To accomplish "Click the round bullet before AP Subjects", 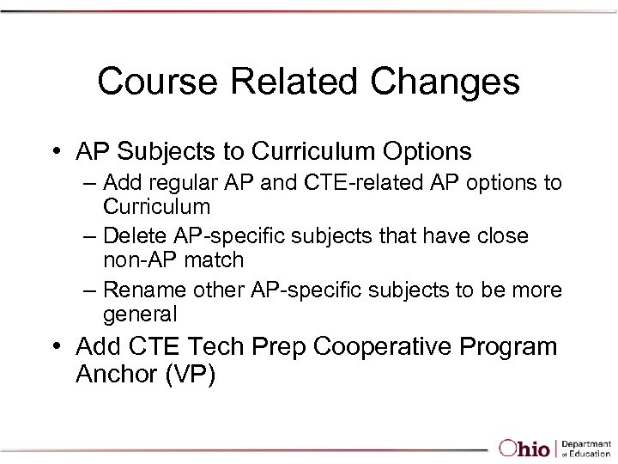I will pyautogui.click(x=56, y=153).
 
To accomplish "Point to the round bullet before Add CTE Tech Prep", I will pyautogui.click(x=56, y=347).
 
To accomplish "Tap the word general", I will pyautogui.click(x=140, y=314).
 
